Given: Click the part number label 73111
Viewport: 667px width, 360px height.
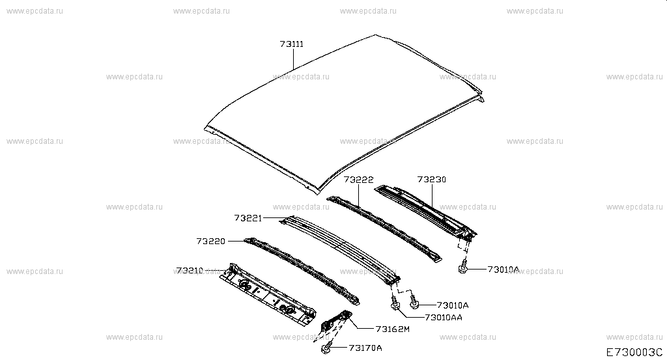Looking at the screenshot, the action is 292,44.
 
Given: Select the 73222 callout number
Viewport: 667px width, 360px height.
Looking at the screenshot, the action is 359,180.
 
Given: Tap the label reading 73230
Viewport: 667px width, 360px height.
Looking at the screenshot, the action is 432,180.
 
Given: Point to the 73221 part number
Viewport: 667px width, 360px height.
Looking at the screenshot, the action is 248,218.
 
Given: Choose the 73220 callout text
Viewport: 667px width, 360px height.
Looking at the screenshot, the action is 211,241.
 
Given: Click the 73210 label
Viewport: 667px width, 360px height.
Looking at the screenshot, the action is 190,270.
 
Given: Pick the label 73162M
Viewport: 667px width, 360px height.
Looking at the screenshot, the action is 393,329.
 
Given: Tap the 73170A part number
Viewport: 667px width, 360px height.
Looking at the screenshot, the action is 365,348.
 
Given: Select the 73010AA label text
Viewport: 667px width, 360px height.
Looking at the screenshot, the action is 443,318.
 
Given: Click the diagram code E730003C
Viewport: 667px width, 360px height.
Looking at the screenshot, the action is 634,352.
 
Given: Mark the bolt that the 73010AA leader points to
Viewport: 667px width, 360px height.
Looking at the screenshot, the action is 395,303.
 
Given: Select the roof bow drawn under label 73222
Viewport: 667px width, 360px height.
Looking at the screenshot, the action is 384,229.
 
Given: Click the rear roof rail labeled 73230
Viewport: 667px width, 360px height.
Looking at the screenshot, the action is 425,211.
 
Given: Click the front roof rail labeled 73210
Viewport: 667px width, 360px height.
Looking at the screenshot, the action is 268,294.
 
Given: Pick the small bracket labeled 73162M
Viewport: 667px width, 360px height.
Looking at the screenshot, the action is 336,320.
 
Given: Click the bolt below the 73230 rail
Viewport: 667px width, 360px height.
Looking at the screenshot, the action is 463,267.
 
